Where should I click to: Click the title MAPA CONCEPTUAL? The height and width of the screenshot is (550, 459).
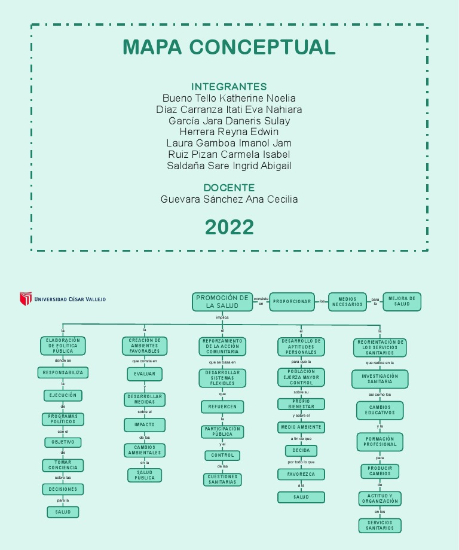[x=229, y=47]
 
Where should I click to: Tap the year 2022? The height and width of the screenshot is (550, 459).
[x=229, y=227]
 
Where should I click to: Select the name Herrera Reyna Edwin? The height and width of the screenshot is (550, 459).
[x=229, y=132]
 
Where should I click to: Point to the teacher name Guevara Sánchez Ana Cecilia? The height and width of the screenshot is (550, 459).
[x=229, y=199]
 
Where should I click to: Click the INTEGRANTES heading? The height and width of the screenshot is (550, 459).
[x=229, y=87]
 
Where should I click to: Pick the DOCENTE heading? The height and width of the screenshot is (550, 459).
[x=229, y=188]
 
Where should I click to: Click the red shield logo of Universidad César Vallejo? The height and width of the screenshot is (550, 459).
[x=26, y=298]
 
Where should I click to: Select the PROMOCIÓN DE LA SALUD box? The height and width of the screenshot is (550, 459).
[x=222, y=302]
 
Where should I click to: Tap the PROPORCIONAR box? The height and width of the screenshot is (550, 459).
[x=292, y=301]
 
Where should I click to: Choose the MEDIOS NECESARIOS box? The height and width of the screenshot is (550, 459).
[x=347, y=302]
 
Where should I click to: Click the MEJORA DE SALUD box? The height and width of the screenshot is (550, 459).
[x=402, y=301]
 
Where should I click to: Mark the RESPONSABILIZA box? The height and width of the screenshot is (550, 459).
[x=63, y=373]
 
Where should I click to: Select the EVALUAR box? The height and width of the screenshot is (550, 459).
[x=145, y=374]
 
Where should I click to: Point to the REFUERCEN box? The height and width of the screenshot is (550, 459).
[x=222, y=407]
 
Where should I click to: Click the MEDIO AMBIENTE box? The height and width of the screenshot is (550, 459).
[x=301, y=427]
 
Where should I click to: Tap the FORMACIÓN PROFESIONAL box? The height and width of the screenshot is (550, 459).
[x=380, y=442]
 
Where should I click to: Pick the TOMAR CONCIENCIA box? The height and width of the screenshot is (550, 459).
[x=63, y=465]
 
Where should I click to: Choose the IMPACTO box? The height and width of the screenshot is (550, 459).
[x=145, y=424]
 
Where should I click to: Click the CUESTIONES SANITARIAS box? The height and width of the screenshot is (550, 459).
[x=222, y=479]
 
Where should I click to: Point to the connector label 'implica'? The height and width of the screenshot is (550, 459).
[x=222, y=317]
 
